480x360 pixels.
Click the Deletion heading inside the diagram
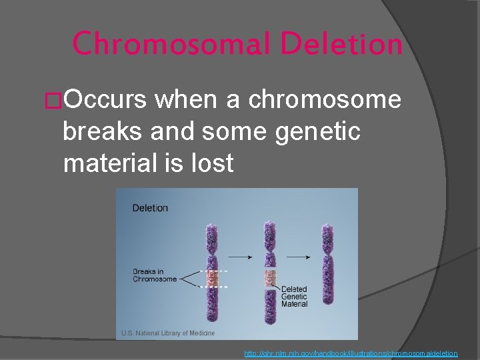[x=150, y=208]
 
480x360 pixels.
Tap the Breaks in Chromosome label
[x=155, y=275]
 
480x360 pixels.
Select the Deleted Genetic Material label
[x=294, y=297]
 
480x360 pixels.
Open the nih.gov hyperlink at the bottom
[x=351, y=353]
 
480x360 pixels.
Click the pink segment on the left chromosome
[x=212, y=279]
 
